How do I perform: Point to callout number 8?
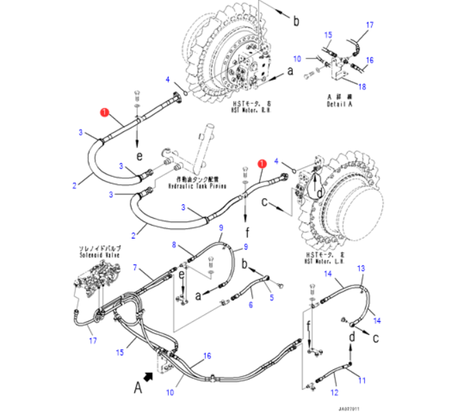pos(174,245)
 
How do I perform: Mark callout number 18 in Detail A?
pos(363,86)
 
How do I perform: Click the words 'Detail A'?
pos(340,104)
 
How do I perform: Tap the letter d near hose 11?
pos(351,337)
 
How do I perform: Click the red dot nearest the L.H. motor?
pos(262,163)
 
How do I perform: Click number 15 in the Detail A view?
pos(328,34)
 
